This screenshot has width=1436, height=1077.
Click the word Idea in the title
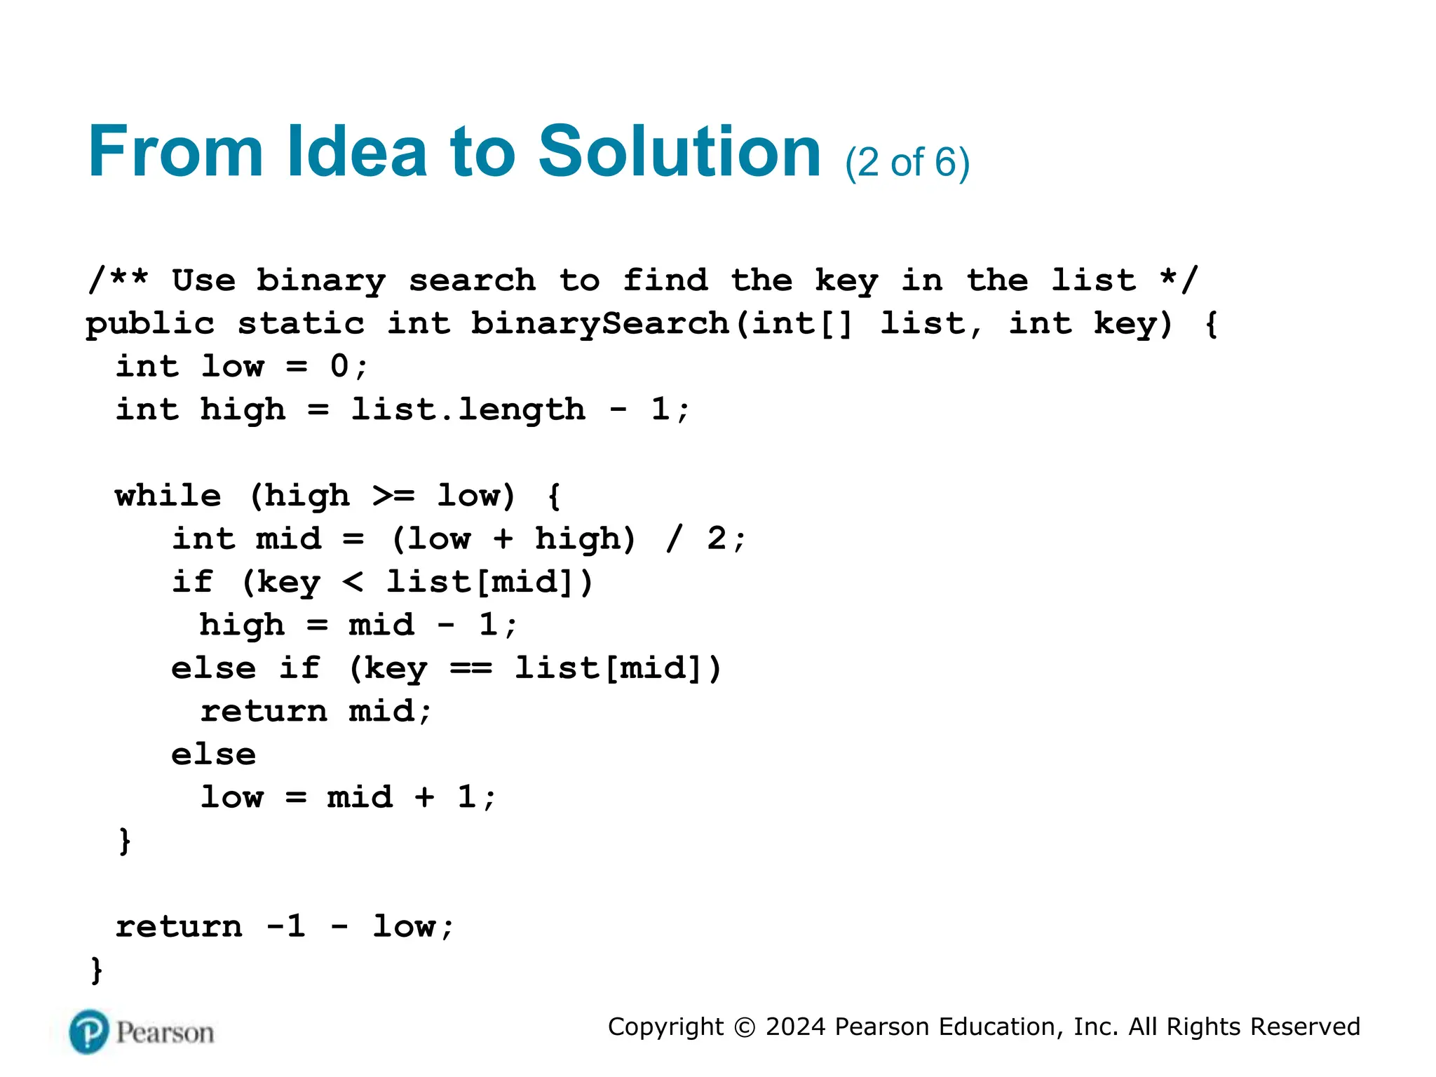tap(357, 151)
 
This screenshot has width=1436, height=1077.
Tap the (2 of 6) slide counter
tap(907, 163)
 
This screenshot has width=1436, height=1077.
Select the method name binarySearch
tap(600, 324)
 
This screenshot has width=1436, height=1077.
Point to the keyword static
tap(301, 324)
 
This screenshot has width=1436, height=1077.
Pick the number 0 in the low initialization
tap(339, 367)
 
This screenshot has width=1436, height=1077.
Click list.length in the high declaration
tap(468, 410)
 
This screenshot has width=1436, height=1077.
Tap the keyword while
tap(168, 496)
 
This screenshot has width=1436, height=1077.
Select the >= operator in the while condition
tap(393, 496)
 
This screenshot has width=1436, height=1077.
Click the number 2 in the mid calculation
tap(717, 538)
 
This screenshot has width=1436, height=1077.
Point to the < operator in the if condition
tap(353, 582)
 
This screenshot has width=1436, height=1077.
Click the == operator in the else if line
tap(470, 668)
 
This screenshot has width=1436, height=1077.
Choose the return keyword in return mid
tap(264, 712)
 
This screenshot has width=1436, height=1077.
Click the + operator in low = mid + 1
tap(425, 797)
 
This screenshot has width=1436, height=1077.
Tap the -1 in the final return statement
tap(286, 927)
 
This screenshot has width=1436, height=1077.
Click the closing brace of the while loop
tap(125, 841)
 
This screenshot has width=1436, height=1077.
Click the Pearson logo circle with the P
tap(89, 1032)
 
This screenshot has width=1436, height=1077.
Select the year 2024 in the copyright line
tap(795, 1027)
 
